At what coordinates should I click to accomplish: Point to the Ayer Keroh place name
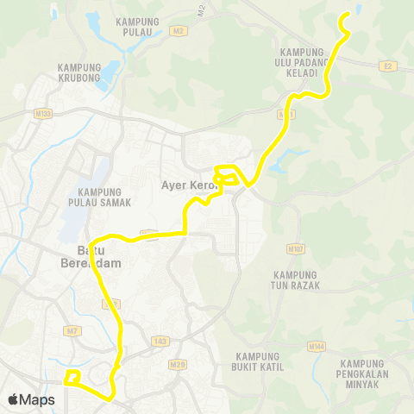(185, 185)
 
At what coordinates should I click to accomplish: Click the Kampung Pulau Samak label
(103, 197)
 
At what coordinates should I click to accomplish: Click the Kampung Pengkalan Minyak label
(367, 373)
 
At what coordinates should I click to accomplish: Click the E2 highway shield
(386, 65)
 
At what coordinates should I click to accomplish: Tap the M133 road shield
(43, 112)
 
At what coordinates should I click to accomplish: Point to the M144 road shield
(317, 346)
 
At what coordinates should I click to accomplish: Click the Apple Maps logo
(31, 399)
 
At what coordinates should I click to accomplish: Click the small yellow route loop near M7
(72, 377)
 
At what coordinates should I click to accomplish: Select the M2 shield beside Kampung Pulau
(179, 30)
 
